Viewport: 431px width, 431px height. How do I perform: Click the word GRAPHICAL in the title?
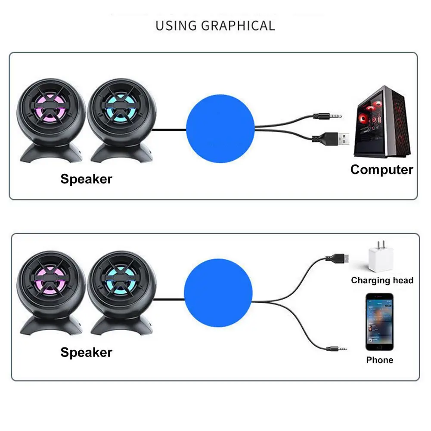tap(238, 25)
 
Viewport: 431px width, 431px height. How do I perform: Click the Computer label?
tap(381, 170)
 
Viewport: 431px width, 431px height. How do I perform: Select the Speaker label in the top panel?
tap(86, 179)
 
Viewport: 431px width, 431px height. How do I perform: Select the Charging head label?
tap(382, 280)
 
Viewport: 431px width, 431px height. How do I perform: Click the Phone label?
tap(379, 360)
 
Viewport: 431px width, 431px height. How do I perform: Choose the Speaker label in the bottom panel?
tap(86, 352)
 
